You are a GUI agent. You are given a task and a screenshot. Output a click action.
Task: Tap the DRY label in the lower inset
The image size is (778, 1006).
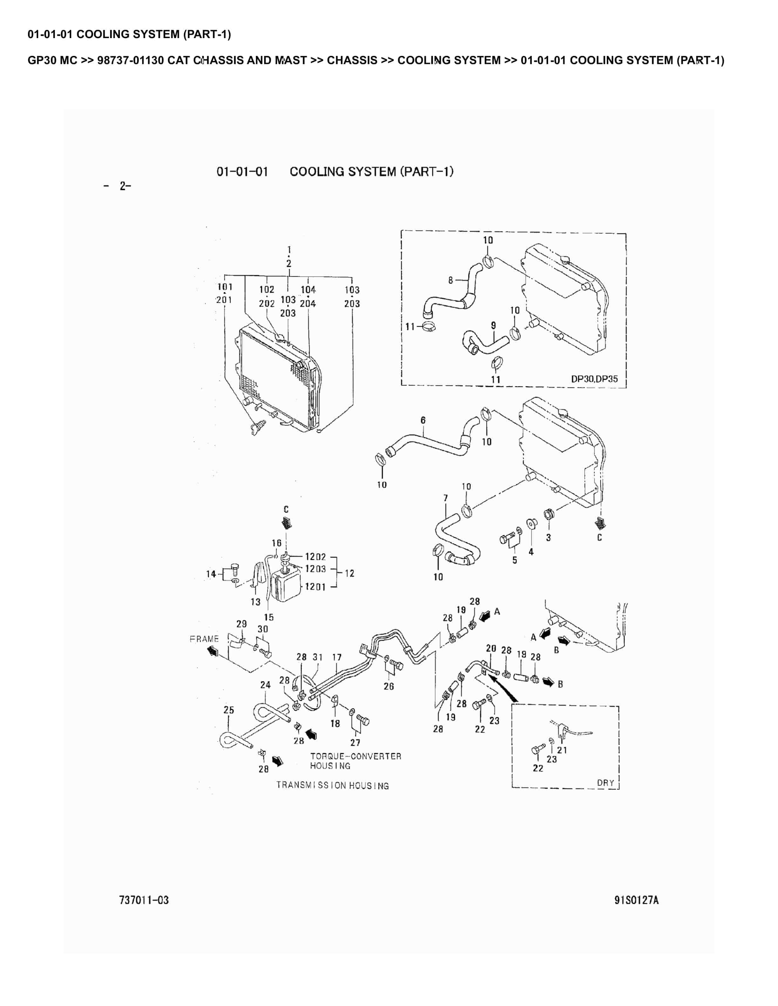click(605, 782)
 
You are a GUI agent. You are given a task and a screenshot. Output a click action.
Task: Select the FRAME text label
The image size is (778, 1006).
click(204, 639)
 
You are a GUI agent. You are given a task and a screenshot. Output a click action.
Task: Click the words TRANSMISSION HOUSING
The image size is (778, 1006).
click(332, 785)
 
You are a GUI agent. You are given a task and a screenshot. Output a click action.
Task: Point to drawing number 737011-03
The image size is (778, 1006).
click(144, 900)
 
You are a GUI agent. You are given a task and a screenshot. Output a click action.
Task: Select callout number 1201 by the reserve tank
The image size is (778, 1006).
click(315, 587)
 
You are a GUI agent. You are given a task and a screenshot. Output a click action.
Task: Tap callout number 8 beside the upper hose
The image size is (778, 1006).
click(450, 279)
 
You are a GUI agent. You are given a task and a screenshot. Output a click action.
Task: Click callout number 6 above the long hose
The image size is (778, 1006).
click(423, 420)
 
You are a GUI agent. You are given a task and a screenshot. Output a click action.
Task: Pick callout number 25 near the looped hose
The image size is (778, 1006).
click(229, 710)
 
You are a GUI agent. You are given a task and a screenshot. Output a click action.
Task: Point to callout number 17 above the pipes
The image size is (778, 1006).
click(337, 657)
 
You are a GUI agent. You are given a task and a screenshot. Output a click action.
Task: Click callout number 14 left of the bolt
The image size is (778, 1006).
click(211, 574)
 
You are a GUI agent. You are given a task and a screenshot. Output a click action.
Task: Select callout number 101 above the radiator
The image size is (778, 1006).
click(225, 286)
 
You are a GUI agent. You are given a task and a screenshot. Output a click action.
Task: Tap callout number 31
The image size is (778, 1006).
click(317, 657)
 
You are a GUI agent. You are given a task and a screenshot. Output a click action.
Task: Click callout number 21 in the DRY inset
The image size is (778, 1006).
click(562, 750)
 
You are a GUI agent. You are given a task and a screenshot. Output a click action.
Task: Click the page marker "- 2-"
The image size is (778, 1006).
click(118, 186)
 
